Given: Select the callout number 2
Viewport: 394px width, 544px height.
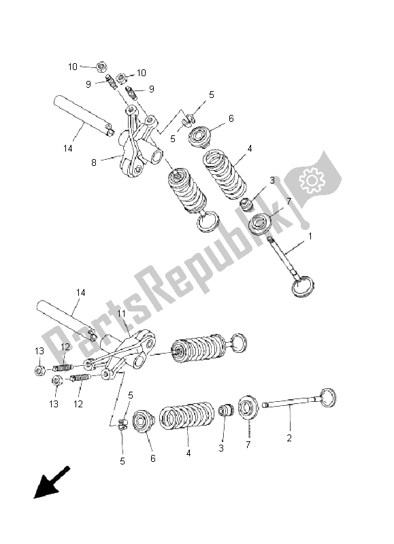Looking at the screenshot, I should (x=289, y=439).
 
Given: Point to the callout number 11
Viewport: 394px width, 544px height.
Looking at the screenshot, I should (x=122, y=313).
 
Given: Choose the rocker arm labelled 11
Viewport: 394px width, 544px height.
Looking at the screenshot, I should (x=129, y=354).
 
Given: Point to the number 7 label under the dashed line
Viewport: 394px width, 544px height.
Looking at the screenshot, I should (x=248, y=444).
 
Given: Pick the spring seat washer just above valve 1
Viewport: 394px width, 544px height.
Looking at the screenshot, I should (x=263, y=223).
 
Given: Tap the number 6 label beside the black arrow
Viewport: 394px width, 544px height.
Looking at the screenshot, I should (x=152, y=458).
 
